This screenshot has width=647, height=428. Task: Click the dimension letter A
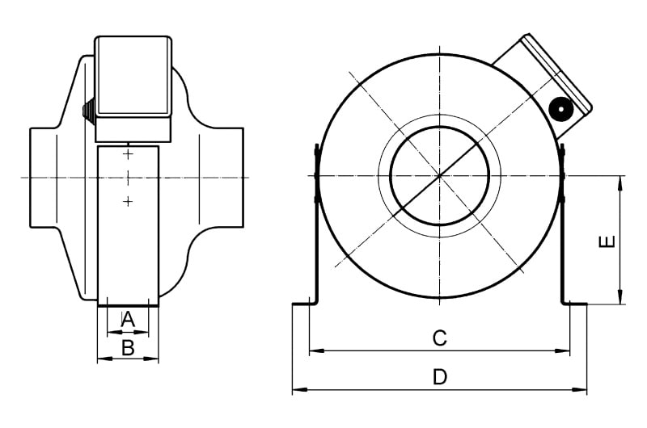point(128,319)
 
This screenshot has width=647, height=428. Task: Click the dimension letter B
point(129,348)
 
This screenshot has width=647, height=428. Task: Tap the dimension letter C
point(439,338)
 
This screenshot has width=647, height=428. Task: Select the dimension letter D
point(440,377)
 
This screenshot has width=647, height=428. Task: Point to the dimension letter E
point(607,241)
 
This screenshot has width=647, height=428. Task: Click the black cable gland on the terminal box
point(560,110)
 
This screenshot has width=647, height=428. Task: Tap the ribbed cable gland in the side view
point(89,109)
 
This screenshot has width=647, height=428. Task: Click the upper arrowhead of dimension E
point(620,183)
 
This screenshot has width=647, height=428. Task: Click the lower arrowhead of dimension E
point(620,297)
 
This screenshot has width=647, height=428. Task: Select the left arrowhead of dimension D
point(299,390)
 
